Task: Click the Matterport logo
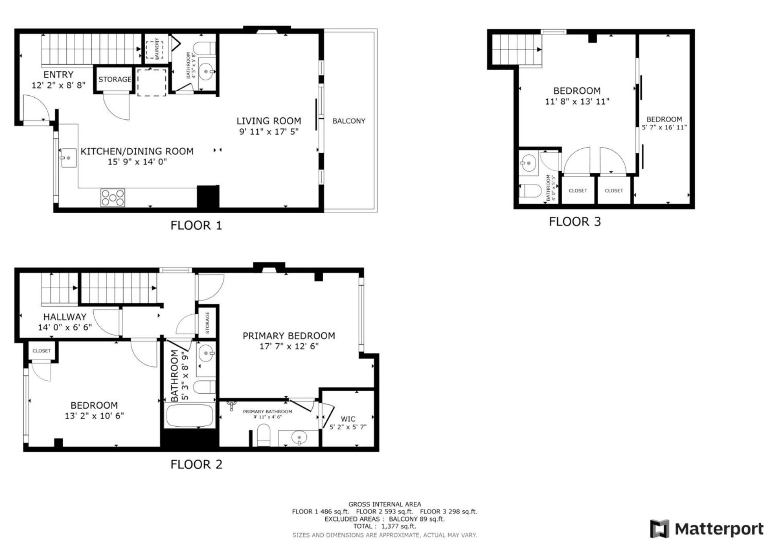pos(706,529)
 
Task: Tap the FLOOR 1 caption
pos(196,225)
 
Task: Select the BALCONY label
pos(349,121)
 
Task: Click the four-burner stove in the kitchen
pos(113,198)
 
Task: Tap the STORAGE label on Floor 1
pos(115,79)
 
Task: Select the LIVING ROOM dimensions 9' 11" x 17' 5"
pos(269,131)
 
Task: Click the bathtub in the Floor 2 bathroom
pos(190,416)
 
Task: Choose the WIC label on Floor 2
pos(348,419)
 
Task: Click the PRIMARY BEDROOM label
pos(289,335)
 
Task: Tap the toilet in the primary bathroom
pos(264,436)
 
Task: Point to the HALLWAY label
pos(65,317)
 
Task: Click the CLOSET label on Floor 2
pos(41,351)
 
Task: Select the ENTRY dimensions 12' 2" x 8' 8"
pos(59,85)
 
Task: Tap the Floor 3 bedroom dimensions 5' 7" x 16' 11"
pos(664,127)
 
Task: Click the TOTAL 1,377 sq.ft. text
pos(384,526)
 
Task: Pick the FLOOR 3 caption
pos(575,222)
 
